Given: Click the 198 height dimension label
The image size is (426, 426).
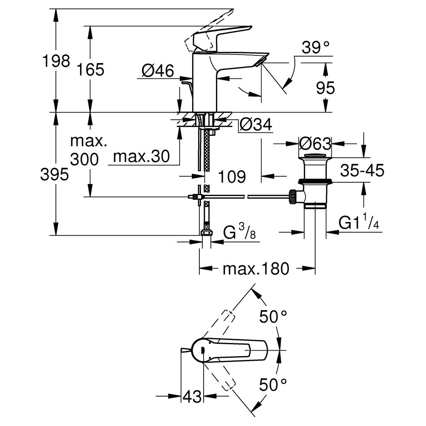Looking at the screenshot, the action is click(56, 61).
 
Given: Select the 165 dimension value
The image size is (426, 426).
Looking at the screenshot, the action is click(90, 69).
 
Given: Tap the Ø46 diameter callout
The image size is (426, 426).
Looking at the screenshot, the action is click(158, 71).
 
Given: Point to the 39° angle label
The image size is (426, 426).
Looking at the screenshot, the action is click(316, 47).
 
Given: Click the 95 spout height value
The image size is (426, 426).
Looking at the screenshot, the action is click(325, 88).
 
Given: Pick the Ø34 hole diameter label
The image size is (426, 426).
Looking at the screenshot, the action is click(256, 125).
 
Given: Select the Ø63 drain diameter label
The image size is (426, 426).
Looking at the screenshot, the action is click(315, 144).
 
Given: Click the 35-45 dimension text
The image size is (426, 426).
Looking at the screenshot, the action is click(362, 171).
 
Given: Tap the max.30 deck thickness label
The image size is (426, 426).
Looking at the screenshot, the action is click(141, 156).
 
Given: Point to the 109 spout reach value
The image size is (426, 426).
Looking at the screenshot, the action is click(232, 177).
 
